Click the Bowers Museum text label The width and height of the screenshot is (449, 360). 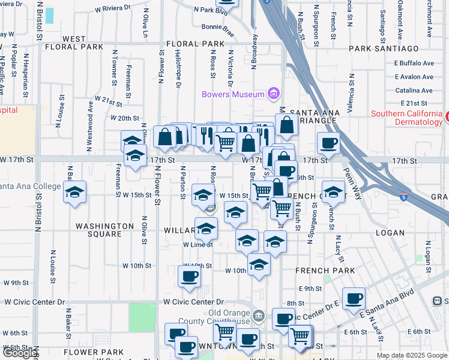click(233, 94)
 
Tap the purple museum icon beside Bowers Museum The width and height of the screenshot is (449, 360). click(274, 94)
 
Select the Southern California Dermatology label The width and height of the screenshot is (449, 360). click(406, 118)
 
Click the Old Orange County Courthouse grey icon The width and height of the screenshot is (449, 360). click(258, 314)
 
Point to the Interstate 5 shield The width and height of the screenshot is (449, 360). click(405, 196)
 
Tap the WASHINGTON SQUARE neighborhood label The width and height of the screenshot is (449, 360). click(105, 230)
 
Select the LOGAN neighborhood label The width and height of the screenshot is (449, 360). click(390, 232)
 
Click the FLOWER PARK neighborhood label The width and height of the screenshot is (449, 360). click(93, 352)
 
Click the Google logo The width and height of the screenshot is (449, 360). click(20, 353)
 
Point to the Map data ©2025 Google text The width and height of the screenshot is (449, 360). click(411, 355)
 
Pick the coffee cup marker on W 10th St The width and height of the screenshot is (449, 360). click(189, 275)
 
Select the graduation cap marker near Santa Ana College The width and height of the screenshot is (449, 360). click(74, 192)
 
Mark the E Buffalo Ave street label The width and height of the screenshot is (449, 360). click(414, 63)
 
